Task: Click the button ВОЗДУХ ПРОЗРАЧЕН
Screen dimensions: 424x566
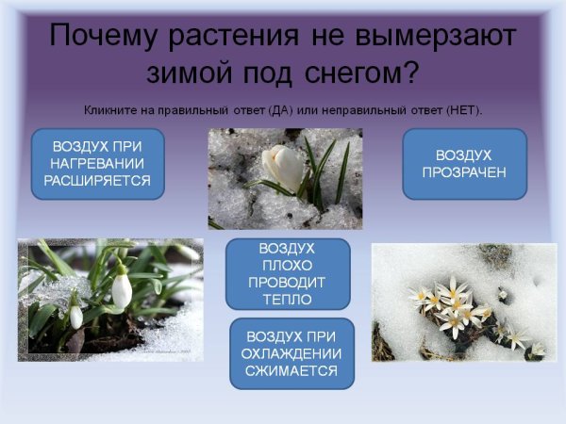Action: tap(464, 164)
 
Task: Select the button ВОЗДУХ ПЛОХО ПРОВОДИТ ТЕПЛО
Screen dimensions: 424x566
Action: tap(288, 273)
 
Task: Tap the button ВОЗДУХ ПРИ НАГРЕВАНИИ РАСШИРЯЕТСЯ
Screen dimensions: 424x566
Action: tap(97, 164)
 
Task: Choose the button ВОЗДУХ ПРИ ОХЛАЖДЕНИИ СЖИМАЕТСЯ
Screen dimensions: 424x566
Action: tap(292, 353)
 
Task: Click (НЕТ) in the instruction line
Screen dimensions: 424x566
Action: tap(460, 110)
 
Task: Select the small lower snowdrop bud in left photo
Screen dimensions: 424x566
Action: tap(75, 317)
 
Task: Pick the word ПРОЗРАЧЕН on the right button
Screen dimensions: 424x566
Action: tap(464, 172)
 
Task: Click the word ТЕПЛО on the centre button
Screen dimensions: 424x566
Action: tap(288, 300)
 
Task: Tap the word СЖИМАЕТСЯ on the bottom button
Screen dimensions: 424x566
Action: tap(292, 370)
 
